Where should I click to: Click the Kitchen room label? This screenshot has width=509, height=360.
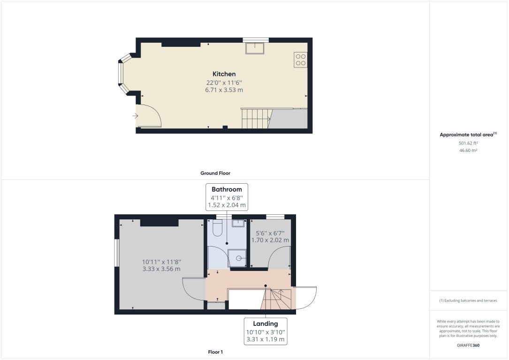[x=224, y=74]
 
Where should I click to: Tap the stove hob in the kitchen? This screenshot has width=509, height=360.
[x=300, y=60]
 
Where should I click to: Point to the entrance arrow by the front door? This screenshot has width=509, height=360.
[x=136, y=115]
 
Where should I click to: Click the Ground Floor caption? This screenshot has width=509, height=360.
[x=215, y=173]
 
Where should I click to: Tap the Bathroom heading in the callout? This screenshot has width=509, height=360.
[x=227, y=189]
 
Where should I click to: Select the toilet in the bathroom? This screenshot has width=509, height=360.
[x=217, y=228]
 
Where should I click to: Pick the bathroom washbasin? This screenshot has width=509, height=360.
[x=238, y=222]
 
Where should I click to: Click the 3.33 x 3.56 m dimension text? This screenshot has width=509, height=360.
[x=161, y=269]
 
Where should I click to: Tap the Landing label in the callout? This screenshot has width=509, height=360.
[x=266, y=323]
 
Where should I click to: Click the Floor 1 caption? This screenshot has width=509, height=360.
[x=215, y=352]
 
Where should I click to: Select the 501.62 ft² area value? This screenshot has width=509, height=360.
[x=468, y=143]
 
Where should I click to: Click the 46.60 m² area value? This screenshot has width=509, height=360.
[x=468, y=150]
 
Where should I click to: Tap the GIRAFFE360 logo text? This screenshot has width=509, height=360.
[x=468, y=345]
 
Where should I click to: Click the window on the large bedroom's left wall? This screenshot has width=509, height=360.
[x=117, y=254]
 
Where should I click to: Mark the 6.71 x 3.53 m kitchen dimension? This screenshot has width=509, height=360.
[x=224, y=90]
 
